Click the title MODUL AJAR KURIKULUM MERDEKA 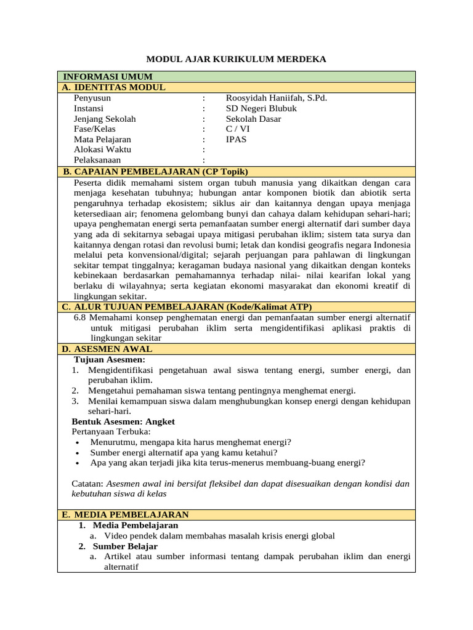pyautogui.click(x=236, y=59)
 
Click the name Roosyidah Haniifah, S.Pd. pyautogui.click(x=277, y=98)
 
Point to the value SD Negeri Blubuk pyautogui.click(x=261, y=108)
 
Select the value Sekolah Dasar pyautogui.click(x=253, y=119)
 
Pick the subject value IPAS pyautogui.click(x=236, y=140)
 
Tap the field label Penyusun pyautogui.click(x=92, y=98)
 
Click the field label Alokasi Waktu pyautogui.click(x=102, y=150)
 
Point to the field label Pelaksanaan pyautogui.click(x=97, y=160)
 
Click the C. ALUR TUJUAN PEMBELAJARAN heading pyautogui.click(x=187, y=306)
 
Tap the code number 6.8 pyautogui.click(x=80, y=317)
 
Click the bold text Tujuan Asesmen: pyautogui.click(x=110, y=359)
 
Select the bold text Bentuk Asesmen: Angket pyautogui.click(x=123, y=421)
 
